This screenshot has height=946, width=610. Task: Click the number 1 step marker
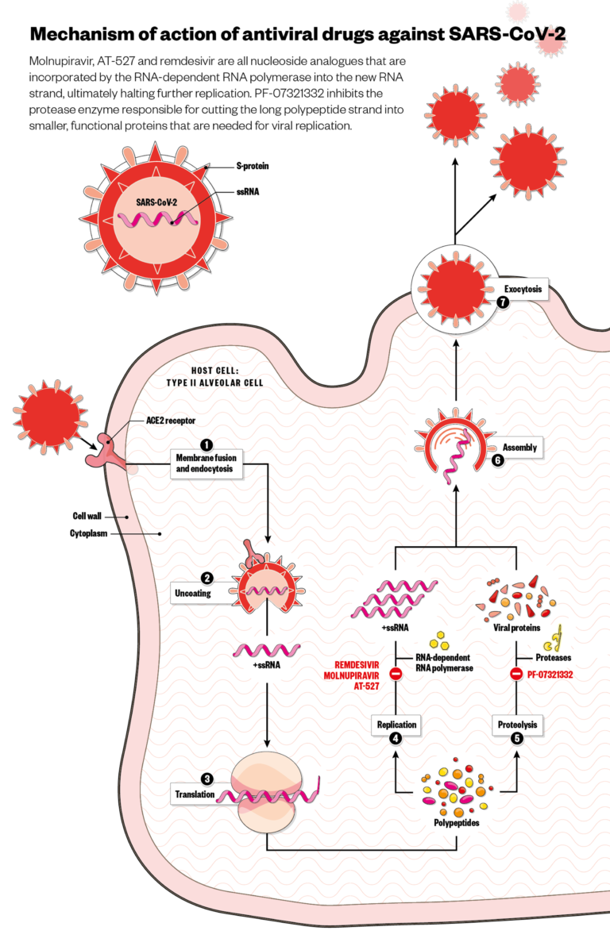207,445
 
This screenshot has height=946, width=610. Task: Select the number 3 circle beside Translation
207,779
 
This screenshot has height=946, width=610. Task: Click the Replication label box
395,725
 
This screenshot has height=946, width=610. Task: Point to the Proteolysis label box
518,725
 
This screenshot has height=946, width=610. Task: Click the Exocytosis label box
523,290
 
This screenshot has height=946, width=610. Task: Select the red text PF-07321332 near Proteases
550,675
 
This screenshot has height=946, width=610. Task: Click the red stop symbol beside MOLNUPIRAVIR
396,675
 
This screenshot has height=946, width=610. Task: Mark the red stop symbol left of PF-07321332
516,675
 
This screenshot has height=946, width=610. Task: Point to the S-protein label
252,166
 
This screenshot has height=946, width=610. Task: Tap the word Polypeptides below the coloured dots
456,823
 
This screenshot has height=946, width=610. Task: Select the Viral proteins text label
517,627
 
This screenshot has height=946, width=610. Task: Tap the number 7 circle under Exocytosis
502,302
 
